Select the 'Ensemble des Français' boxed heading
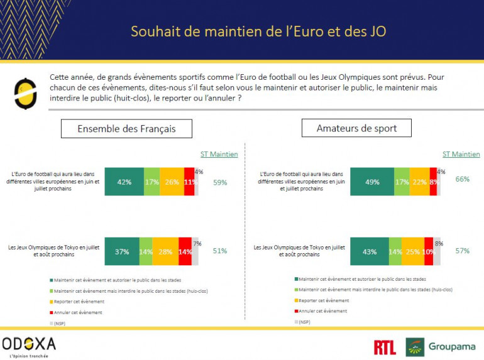[x=126, y=129]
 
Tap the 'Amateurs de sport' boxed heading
[x=356, y=128]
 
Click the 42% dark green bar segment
[x=124, y=182]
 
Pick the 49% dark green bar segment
[x=372, y=182]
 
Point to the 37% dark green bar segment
[x=122, y=251]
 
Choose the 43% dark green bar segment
[x=370, y=251]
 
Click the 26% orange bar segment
[x=172, y=182]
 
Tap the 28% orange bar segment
[x=165, y=251]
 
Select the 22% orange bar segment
[x=419, y=182]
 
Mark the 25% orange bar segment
[x=412, y=251]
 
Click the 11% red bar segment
[x=189, y=182]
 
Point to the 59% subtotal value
[x=220, y=183]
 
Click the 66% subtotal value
[x=463, y=179]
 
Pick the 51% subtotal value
[x=220, y=251]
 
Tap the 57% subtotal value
[x=463, y=251]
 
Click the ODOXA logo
[x=29, y=344]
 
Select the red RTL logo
[x=385, y=347]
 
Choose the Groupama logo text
[x=451, y=347]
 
